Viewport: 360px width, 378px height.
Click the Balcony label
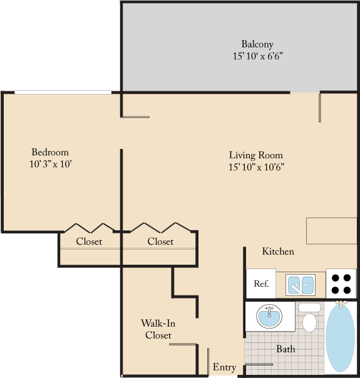(257, 44)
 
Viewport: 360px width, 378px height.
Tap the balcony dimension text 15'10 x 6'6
(257, 56)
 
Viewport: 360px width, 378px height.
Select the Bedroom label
(50, 152)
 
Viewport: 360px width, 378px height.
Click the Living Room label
(255, 155)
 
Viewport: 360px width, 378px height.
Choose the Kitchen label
(278, 252)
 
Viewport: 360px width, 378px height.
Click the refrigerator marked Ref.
(261, 283)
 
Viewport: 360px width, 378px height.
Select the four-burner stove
(341, 283)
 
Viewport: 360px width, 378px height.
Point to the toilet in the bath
(309, 319)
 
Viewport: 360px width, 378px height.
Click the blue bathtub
(341, 338)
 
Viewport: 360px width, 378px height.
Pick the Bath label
(285, 349)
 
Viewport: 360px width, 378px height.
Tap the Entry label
(224, 367)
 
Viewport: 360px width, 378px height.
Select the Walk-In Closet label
(158, 329)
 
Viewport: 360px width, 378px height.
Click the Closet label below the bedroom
(89, 242)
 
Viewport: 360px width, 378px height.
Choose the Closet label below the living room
(160, 242)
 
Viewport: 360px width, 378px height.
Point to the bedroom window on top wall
(63, 93)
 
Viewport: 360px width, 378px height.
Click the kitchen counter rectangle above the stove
(331, 230)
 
